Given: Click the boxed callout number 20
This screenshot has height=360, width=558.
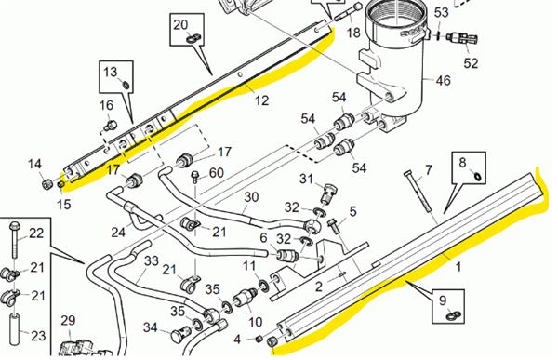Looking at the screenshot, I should coord(180,24).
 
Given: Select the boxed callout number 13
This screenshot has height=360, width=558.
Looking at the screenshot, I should coord(111,72).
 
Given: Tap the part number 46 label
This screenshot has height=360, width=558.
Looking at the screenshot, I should coord(442,82).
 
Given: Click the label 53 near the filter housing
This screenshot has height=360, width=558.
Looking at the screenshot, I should coord(441,12).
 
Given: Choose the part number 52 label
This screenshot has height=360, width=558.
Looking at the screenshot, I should coord(471,63).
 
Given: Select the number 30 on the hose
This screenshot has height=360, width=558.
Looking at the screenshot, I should coord(250,196).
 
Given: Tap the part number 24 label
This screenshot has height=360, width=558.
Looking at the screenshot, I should coord(118,232).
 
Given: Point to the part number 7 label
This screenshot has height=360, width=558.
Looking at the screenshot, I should coord(429,170).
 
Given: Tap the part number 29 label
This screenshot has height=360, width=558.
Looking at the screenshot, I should coord(68,321).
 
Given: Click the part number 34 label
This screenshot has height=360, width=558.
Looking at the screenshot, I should coord(151,327).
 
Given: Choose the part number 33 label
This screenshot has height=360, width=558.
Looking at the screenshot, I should coord(150,263).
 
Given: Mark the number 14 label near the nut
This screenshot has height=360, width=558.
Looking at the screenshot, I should coord(34,165).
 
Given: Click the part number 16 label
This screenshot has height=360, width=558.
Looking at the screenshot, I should coord(107,106).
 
